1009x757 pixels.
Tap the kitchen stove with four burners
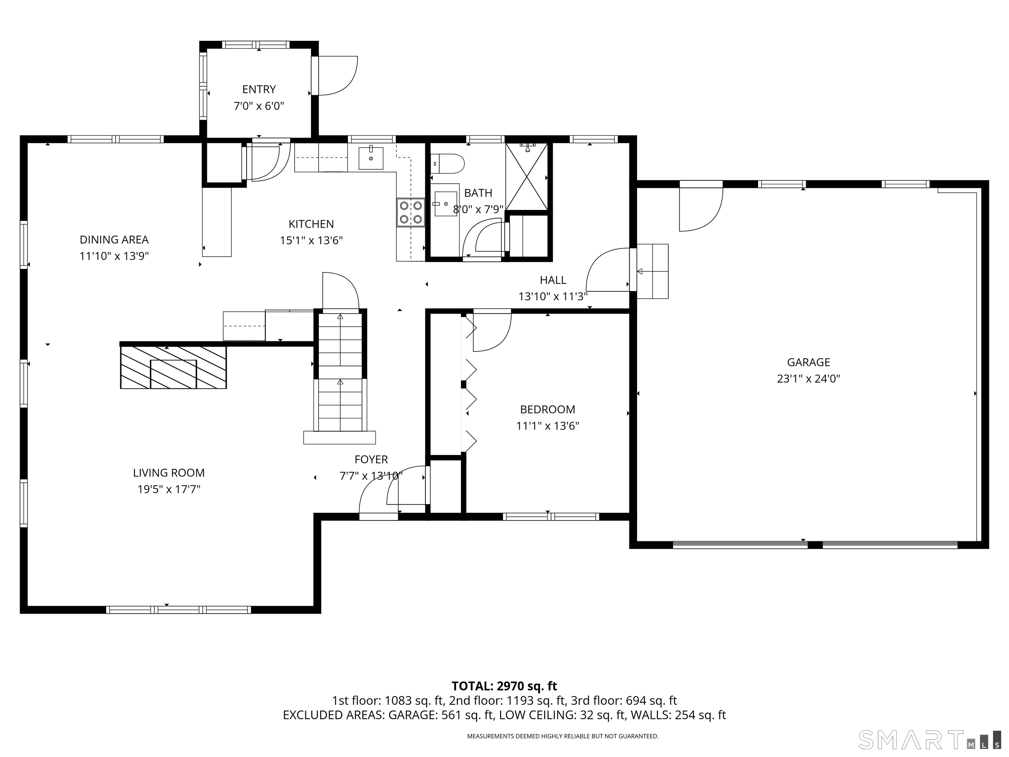tap(411, 212)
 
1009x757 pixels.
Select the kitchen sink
tap(370, 158)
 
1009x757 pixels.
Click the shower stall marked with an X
tap(527, 176)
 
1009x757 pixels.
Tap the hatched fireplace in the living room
tap(173, 367)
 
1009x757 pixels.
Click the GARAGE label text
tap(808, 362)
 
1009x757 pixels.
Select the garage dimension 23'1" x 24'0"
tap(808, 379)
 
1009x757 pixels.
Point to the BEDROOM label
tap(548, 409)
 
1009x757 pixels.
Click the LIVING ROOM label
tap(169, 473)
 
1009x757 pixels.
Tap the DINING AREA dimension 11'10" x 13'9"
tap(114, 256)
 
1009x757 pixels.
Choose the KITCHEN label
tap(311, 224)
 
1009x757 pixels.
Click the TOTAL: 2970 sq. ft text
tap(504, 686)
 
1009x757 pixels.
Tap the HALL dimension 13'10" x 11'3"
tap(553, 297)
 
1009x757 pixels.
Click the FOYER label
tap(371, 460)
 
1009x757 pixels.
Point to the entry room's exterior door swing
tap(338, 76)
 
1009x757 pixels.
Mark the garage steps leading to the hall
tap(652, 271)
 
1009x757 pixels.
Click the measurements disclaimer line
tap(562, 736)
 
